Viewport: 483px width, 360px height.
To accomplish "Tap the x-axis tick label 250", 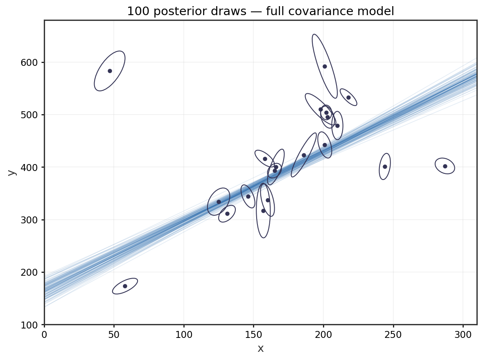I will (x=393, y=334).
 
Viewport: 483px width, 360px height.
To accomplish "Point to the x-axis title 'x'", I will (x=260, y=349).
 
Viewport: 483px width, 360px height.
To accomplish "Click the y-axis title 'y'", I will (x=12, y=172).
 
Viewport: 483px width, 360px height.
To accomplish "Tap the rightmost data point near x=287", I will (x=445, y=166).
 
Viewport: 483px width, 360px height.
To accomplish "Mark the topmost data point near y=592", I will (x=325, y=66).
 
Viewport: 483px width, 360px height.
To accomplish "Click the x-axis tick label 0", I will (x=44, y=334).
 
